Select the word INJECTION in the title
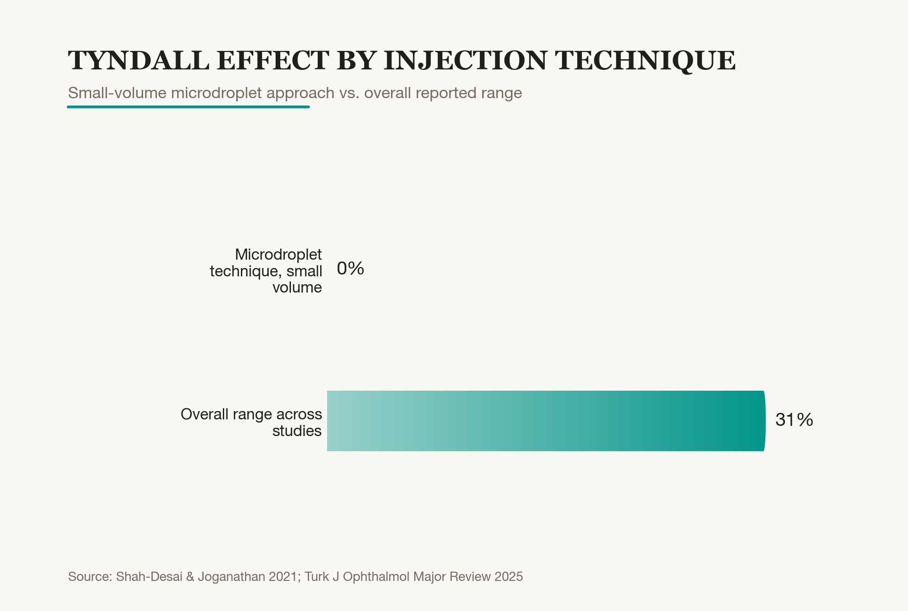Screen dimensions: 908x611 (466, 60)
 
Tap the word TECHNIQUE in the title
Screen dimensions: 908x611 (645, 61)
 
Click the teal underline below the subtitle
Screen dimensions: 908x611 (188, 107)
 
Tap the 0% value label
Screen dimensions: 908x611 (350, 268)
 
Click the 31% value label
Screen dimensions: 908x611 (794, 420)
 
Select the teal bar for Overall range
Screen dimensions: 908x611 (546, 421)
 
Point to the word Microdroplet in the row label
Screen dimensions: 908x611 (278, 254)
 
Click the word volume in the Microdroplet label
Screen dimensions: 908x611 (297, 287)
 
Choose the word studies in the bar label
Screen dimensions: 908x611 (297, 431)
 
